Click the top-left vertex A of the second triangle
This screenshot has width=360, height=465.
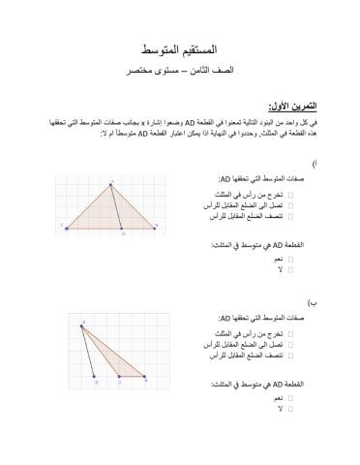click(x=83, y=325)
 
